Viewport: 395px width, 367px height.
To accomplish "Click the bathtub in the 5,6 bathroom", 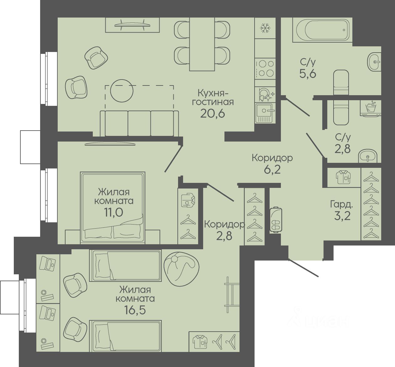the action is (x=322, y=30).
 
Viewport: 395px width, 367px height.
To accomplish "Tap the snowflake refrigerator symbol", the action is (x=265, y=28).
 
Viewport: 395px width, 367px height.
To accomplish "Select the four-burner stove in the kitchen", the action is (x=265, y=69).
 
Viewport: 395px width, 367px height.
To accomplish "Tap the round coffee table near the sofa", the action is (x=122, y=90).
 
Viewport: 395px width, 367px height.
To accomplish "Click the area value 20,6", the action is (x=213, y=114).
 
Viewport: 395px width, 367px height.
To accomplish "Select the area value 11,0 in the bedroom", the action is (x=113, y=212).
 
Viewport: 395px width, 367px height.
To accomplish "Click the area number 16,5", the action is (x=135, y=310).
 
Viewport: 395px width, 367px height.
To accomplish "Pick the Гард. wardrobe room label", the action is (x=342, y=204).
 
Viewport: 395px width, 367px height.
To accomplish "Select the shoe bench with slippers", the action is (x=276, y=220).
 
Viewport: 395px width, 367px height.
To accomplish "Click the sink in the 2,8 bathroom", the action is (x=368, y=156).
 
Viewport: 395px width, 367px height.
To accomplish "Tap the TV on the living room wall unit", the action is (x=132, y=24).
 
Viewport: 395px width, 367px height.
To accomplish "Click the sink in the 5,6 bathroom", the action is (x=374, y=62).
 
